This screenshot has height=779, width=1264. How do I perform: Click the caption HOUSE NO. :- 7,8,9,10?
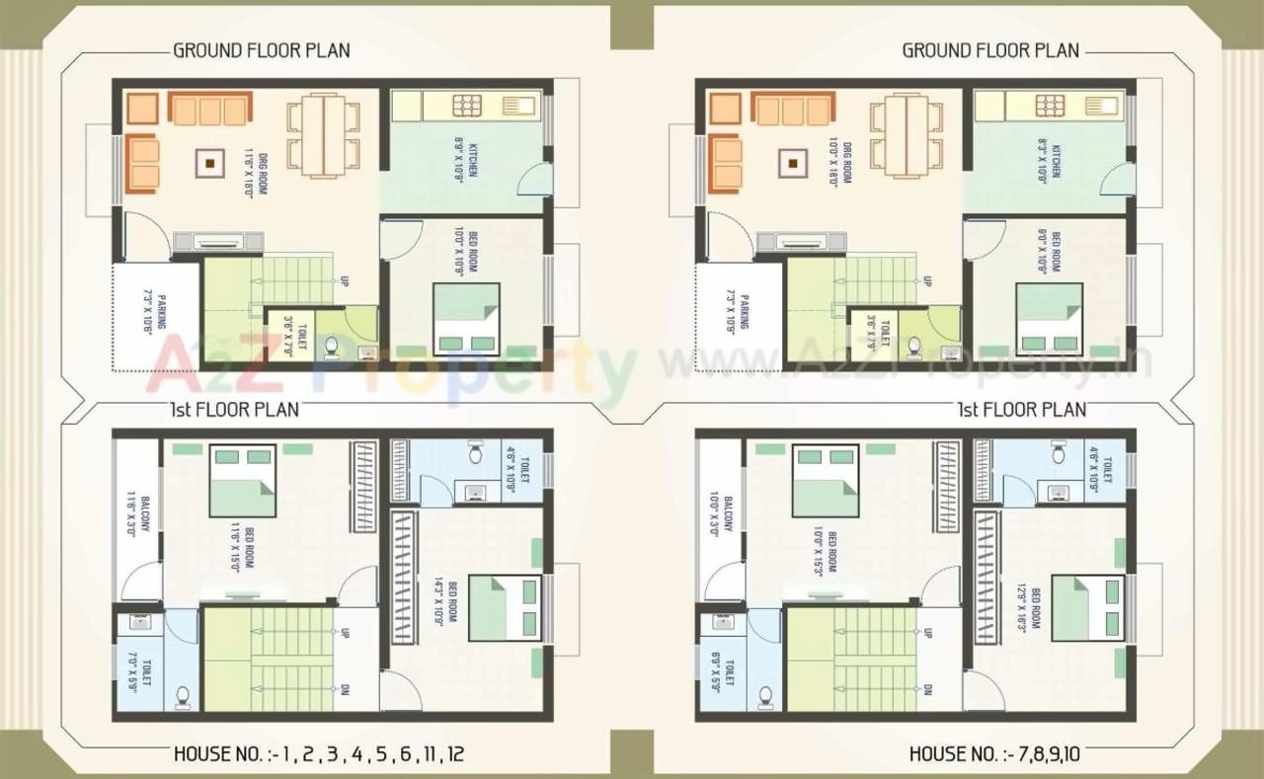[994, 755]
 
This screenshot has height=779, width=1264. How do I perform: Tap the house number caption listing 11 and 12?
[319, 755]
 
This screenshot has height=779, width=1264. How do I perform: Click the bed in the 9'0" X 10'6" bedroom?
[1050, 318]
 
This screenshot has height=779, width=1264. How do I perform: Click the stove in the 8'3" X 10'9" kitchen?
[1050, 105]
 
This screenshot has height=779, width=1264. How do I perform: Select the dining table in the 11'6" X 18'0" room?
[323, 135]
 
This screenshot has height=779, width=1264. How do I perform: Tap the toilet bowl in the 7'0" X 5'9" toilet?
[183, 696]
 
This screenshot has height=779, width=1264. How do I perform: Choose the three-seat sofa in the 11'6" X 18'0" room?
[207, 109]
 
